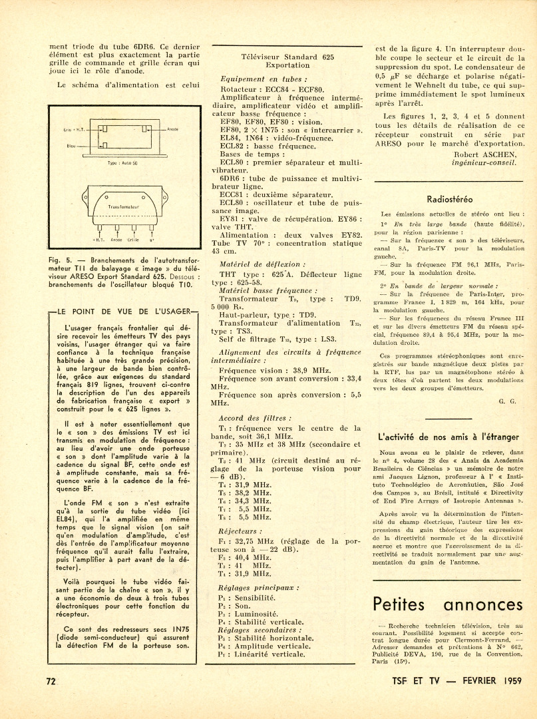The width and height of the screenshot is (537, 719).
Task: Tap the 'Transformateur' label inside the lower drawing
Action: click(124, 207)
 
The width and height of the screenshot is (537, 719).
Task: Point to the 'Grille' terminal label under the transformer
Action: click(133, 239)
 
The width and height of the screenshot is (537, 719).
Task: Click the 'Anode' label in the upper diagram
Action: click(172, 128)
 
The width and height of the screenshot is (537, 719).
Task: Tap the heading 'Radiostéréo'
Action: click(449, 198)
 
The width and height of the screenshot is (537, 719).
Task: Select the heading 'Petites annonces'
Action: click(448, 604)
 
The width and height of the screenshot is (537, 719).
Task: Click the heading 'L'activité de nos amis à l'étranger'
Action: click(448, 437)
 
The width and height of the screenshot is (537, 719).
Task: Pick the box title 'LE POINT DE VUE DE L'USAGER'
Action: click(124, 311)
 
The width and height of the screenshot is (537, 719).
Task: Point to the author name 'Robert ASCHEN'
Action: click(484, 154)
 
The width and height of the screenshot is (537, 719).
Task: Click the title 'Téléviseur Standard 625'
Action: click(287, 57)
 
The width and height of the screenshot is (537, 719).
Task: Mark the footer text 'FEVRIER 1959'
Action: click(486, 680)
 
